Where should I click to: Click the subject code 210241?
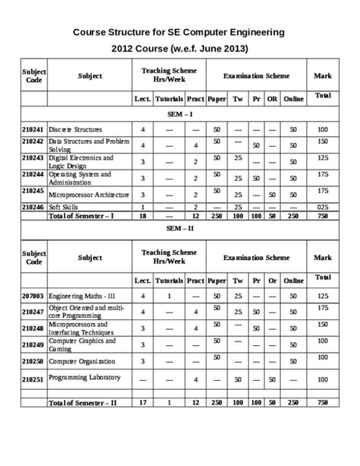pos(33,130)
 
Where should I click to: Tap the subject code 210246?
pos(33,207)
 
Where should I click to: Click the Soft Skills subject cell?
pos(65,207)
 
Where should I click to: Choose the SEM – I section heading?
pos(179,113)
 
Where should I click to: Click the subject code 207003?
pos(33,295)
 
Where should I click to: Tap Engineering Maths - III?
pos(82,295)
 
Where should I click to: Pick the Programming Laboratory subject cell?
pos(84,377)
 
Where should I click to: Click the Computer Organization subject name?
pos(82,361)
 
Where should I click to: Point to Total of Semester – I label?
pos(81,216)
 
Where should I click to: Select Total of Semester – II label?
pos(82,401)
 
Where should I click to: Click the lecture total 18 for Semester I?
pos(142,216)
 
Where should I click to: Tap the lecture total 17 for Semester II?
pos(142,401)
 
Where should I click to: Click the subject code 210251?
pos(33,378)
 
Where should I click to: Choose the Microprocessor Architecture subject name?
pos(89,195)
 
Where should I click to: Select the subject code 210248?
pos(33,328)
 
